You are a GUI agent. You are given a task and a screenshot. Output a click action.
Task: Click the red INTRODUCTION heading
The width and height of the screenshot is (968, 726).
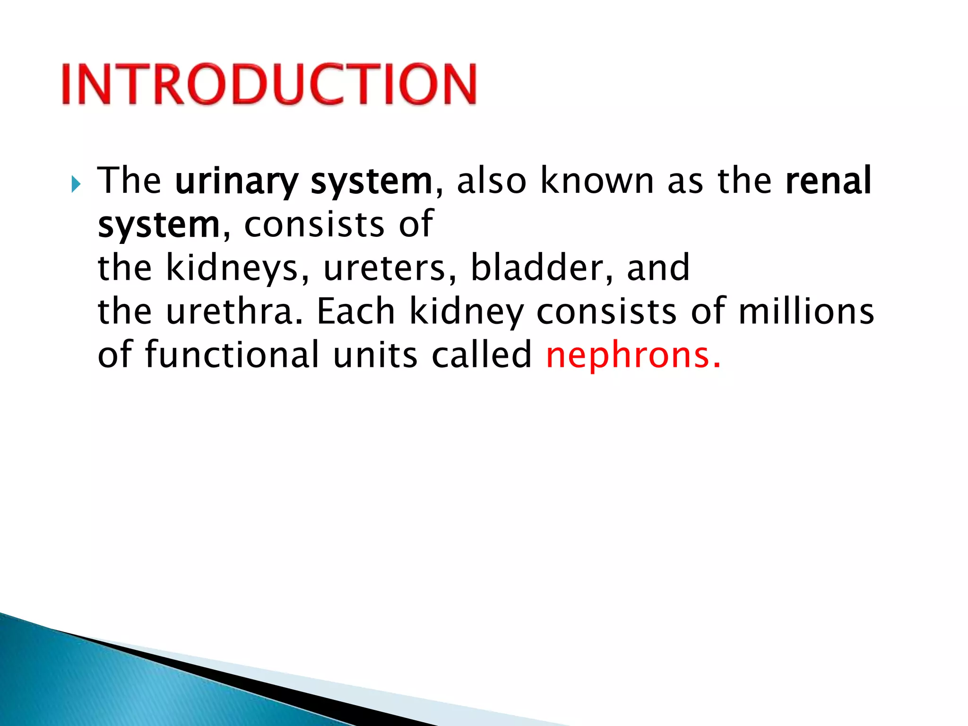(268, 84)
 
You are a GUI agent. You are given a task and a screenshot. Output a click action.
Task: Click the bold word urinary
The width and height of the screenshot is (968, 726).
(236, 181)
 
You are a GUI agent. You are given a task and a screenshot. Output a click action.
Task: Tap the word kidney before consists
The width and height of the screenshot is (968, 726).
(466, 312)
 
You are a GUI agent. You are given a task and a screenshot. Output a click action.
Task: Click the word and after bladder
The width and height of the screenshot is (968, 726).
(658, 268)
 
